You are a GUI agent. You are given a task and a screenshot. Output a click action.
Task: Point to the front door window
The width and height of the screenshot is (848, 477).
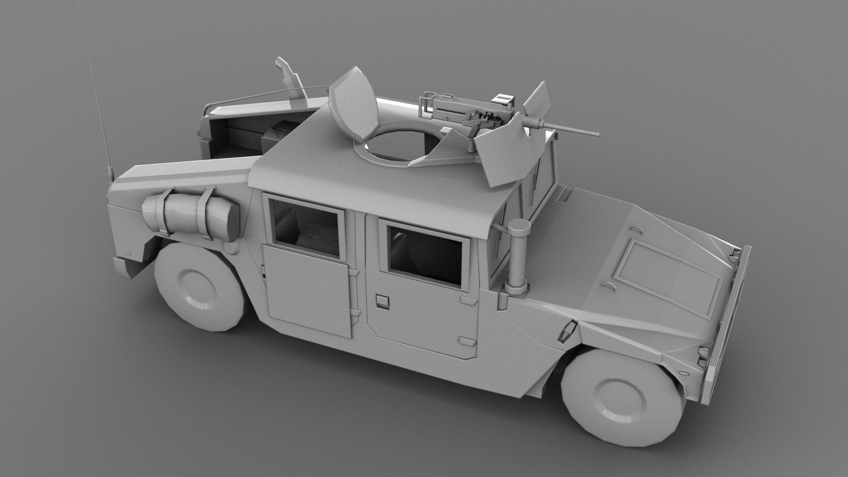point(427,254)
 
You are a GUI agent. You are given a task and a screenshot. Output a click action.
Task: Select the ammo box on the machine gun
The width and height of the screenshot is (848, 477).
point(503,99)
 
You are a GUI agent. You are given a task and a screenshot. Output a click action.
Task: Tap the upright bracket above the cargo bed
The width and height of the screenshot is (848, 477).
point(289,82)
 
